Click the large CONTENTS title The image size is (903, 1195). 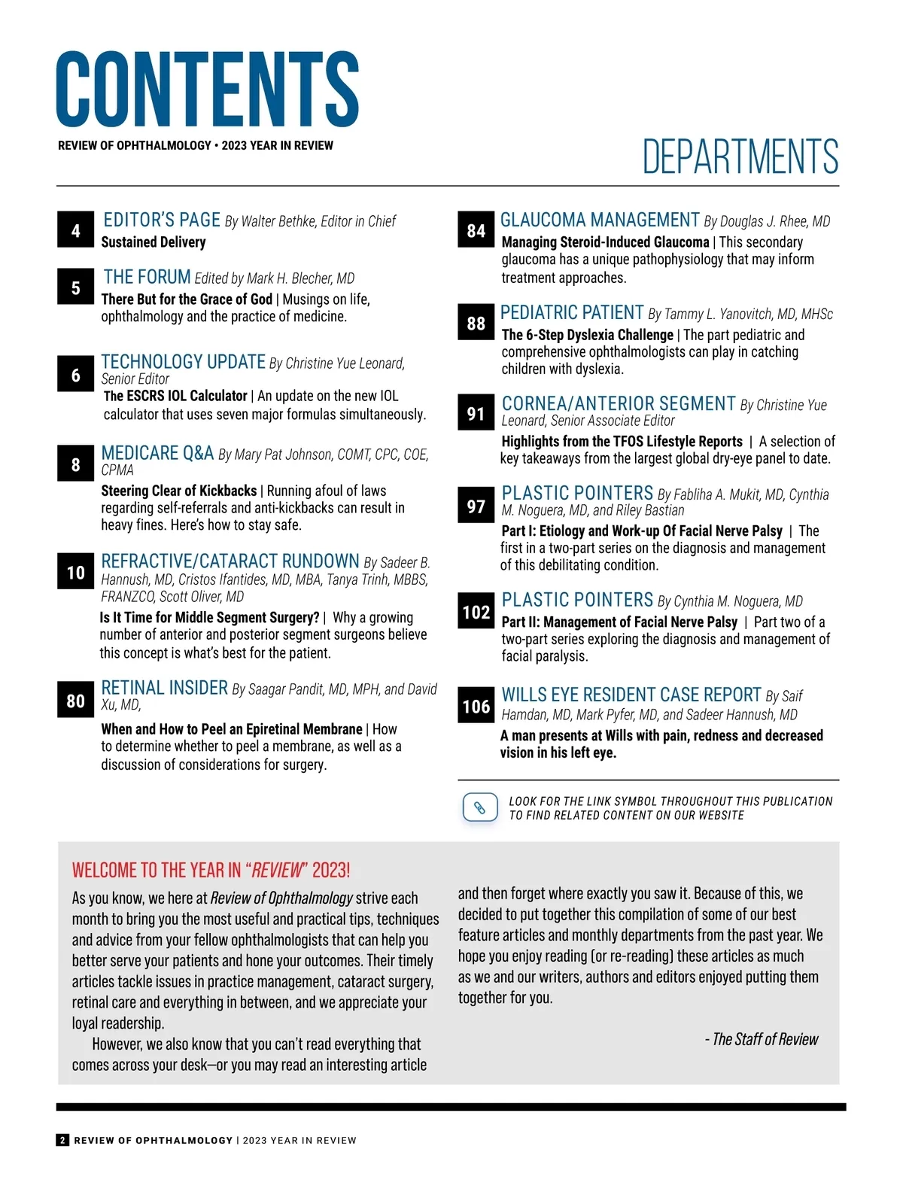(207, 89)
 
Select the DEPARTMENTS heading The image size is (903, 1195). (740, 157)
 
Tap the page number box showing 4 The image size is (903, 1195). (75, 230)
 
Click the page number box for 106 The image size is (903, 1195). (476, 706)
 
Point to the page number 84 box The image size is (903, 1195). (476, 230)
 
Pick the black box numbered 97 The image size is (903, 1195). (476, 506)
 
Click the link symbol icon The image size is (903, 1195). (479, 808)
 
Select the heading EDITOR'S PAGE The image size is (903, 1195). (162, 220)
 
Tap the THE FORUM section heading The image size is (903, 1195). (147, 277)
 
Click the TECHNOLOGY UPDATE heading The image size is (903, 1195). (184, 362)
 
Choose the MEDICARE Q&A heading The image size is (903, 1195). (157, 453)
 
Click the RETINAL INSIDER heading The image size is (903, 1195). (164, 688)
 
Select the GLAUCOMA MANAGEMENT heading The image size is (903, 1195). (600, 220)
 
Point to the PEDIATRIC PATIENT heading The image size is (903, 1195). (572, 312)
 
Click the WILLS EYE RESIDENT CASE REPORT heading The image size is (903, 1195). (631, 695)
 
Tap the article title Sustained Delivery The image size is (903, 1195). (154, 242)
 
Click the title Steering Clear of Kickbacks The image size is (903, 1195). (179, 491)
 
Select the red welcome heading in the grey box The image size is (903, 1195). (211, 871)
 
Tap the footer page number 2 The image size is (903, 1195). (62, 1140)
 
